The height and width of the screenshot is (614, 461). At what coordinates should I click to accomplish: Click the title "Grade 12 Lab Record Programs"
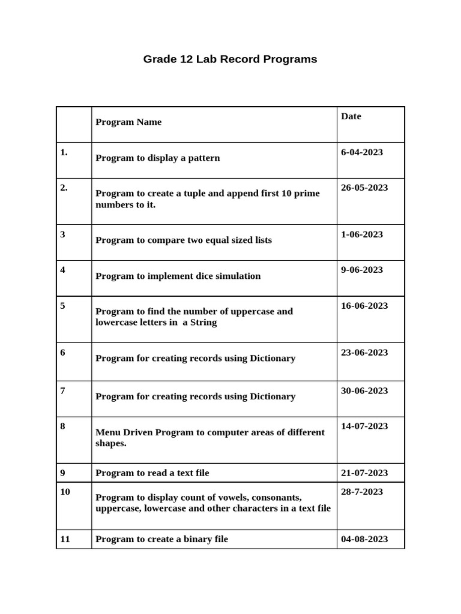click(230, 59)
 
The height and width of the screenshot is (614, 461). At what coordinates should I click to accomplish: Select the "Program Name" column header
click(128, 122)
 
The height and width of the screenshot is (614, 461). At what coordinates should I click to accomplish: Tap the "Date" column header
click(351, 116)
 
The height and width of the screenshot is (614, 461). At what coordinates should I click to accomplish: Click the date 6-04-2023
click(361, 152)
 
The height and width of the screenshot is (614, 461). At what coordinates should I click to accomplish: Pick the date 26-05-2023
click(364, 188)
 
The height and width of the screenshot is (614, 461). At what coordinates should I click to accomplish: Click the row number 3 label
click(62, 234)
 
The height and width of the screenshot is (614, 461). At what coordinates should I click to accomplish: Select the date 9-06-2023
click(361, 270)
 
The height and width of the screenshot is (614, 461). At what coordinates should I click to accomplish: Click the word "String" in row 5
click(203, 323)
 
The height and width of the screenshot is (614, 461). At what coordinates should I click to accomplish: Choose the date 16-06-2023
click(364, 306)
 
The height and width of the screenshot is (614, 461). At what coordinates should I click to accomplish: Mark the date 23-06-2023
click(364, 353)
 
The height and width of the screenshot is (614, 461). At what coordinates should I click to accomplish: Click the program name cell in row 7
click(195, 397)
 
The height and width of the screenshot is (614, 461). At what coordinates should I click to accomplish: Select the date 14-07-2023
click(364, 426)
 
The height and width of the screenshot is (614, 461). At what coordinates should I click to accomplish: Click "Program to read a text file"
click(152, 473)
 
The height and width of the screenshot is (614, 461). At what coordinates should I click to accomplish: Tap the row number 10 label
click(65, 492)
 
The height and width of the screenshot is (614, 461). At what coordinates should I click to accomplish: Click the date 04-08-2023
click(364, 539)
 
